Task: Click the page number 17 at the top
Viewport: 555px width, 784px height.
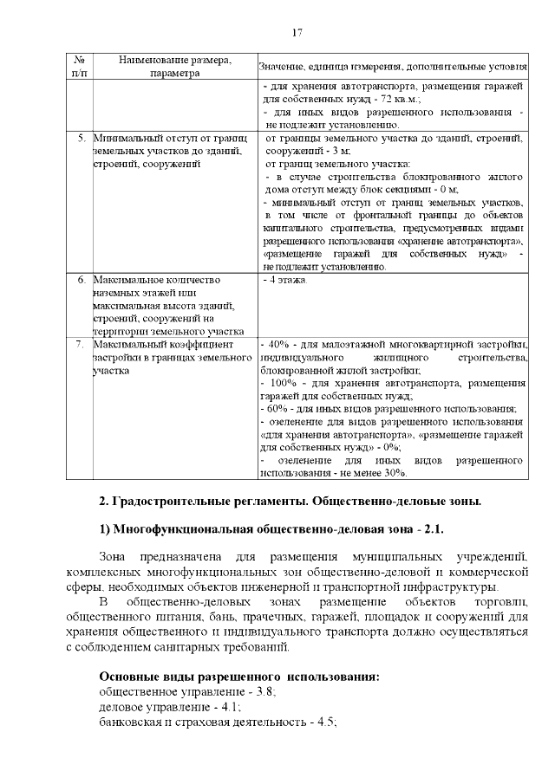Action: (x=297, y=33)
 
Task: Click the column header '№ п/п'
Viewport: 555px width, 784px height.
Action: (x=80, y=67)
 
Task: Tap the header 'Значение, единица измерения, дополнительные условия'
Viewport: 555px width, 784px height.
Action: (x=392, y=67)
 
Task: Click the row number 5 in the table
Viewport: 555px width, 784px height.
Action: (x=81, y=138)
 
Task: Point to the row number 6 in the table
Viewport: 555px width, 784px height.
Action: (x=81, y=281)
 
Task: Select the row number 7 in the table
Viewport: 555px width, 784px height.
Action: (x=81, y=345)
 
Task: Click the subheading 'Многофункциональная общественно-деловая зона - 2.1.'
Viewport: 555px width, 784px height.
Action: (x=281, y=529)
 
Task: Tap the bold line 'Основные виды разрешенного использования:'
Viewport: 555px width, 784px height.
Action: (x=240, y=675)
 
